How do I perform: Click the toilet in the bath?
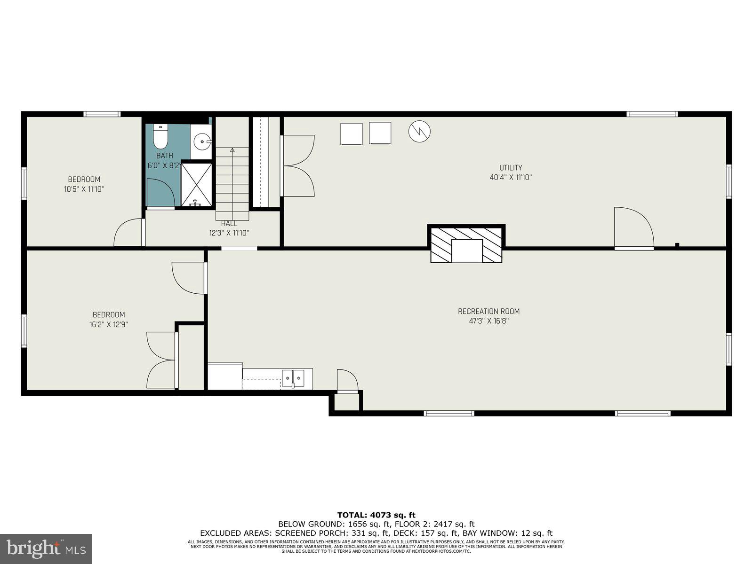160,136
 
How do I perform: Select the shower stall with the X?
197,184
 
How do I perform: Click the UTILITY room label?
511,168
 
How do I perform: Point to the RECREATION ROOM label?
489,311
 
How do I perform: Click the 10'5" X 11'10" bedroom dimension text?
84,189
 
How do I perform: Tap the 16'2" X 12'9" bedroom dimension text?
109,324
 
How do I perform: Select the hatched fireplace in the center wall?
466,244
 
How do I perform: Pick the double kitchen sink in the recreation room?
293,377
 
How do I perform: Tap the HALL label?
229,224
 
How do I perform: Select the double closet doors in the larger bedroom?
161,360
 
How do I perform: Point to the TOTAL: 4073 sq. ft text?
376,515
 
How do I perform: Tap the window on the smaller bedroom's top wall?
102,114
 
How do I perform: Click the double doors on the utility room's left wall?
297,165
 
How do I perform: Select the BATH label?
165,156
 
